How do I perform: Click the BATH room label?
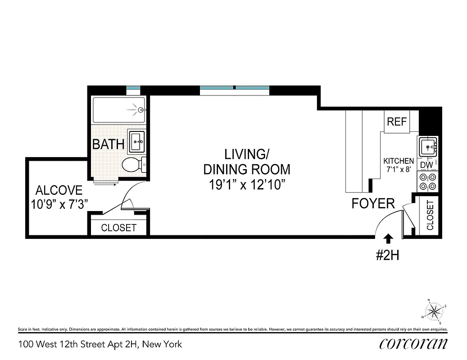click(x=108, y=144)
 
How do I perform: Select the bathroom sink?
click(x=137, y=141)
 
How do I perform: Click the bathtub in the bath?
click(x=119, y=109)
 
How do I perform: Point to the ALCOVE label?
click(x=59, y=190)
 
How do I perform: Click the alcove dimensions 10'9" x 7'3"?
click(x=59, y=204)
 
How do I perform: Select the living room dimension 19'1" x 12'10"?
click(x=246, y=184)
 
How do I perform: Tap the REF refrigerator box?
click(x=397, y=121)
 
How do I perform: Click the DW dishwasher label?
click(x=426, y=165)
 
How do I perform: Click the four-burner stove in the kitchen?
click(x=427, y=181)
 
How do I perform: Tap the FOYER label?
click(x=373, y=203)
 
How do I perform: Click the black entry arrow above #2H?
click(x=388, y=239)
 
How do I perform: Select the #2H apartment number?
click(x=388, y=256)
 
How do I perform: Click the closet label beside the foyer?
click(x=430, y=215)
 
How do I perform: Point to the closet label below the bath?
click(x=118, y=228)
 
